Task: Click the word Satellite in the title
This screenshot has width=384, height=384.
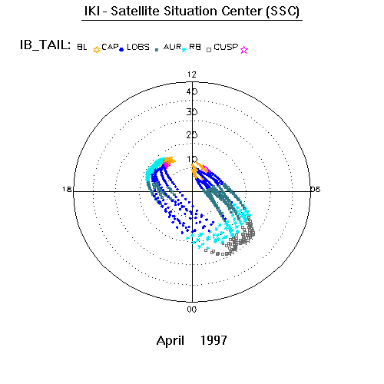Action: click(136, 11)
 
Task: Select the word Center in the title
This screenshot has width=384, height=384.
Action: click(242, 11)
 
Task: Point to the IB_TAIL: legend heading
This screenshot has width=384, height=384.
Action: click(45, 45)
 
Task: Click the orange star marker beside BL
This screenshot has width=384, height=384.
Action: click(97, 50)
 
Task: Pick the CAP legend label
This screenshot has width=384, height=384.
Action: click(110, 47)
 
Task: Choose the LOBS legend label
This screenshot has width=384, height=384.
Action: click(138, 47)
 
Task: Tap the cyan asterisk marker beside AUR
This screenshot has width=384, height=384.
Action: click(184, 50)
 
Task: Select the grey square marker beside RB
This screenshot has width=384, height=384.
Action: click(209, 50)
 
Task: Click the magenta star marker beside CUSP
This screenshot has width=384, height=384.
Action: click(244, 50)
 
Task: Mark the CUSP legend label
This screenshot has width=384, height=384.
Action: click(226, 47)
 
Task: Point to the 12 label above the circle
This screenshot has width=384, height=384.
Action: click(192, 74)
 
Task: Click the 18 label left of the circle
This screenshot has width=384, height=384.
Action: click(67, 189)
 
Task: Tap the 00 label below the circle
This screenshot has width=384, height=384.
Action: click(192, 310)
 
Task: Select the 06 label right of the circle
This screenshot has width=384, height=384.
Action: click(316, 189)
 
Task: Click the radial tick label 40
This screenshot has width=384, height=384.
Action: click(192, 91)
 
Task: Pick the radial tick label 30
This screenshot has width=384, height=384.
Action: click(192, 112)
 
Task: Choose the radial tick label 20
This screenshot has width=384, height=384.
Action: click(192, 135)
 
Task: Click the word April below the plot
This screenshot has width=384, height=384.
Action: click(170, 341)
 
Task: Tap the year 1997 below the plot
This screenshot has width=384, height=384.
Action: click(214, 340)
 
